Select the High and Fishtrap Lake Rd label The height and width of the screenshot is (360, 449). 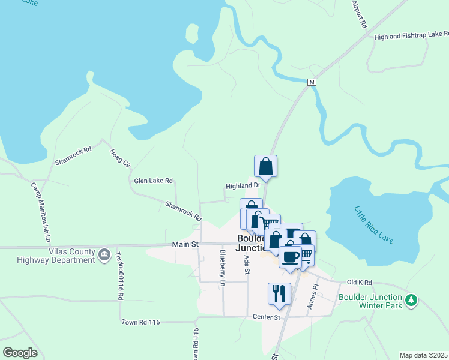(x=411, y=37)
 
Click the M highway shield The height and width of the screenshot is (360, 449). (x=312, y=82)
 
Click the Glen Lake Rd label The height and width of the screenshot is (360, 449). (x=153, y=181)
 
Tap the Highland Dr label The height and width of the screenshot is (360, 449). (x=242, y=186)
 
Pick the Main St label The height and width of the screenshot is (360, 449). (x=185, y=244)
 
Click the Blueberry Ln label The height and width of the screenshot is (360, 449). (x=223, y=267)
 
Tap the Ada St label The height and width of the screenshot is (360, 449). (x=247, y=265)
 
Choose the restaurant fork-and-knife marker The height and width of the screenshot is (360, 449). (x=279, y=293)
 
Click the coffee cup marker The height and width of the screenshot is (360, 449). (x=290, y=256)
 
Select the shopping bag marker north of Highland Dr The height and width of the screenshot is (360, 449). (x=265, y=166)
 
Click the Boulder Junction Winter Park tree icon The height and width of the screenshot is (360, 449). (x=411, y=301)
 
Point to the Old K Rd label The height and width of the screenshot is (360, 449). (x=360, y=282)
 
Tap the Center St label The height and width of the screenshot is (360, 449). (x=267, y=317)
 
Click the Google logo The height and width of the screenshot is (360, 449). (x=20, y=353)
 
